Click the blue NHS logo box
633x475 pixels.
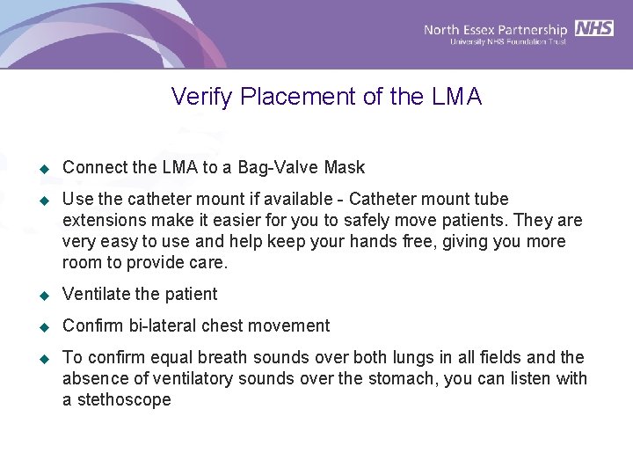point(594,28)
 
